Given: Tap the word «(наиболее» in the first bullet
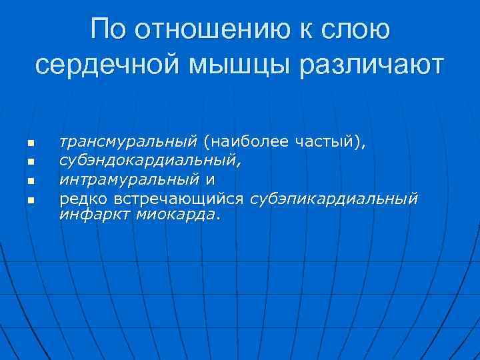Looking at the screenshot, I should pyautogui.click(x=247, y=142).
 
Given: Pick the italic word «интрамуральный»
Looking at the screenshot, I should pyautogui.click(x=129, y=179).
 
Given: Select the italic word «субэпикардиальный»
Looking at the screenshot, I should pyautogui.click(x=334, y=199).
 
